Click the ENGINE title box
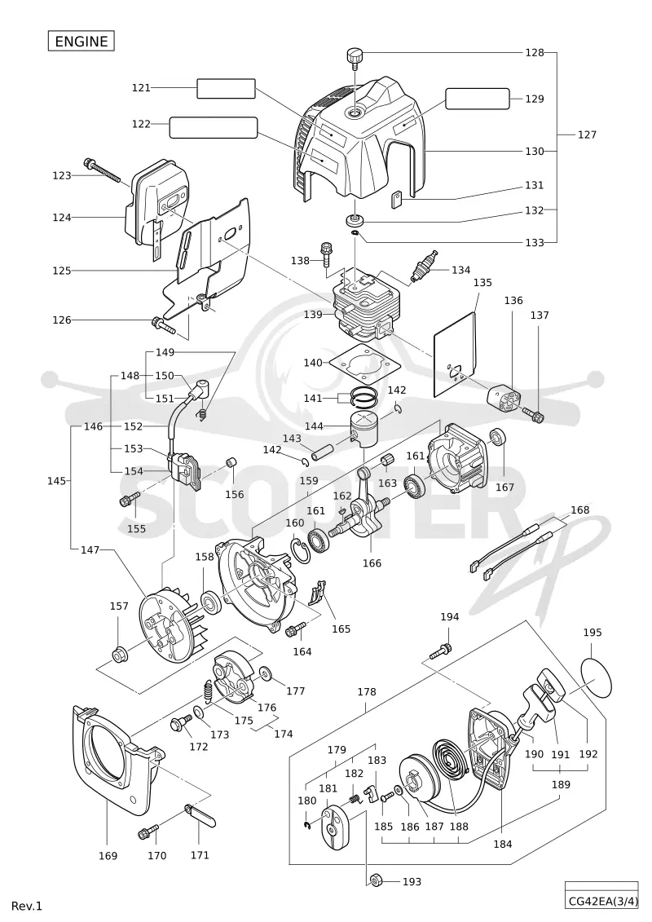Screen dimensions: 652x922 tap(81, 41)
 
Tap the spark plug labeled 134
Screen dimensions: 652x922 tap(425, 267)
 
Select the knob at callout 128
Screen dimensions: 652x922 tap(355, 58)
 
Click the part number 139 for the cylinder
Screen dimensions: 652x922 tap(313, 315)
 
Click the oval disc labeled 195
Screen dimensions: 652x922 tap(596, 677)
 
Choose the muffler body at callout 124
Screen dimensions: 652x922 tap(156, 205)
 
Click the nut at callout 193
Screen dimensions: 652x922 tap(377, 880)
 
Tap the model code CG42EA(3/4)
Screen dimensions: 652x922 tap(603, 900)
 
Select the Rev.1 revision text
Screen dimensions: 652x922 tap(27, 906)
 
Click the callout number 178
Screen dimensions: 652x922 tap(366, 692)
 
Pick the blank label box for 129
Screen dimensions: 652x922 tap(478, 99)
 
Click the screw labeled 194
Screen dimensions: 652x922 tap(441, 651)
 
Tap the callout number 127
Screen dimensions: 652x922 tap(587, 135)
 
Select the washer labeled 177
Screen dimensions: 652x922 tap(265, 673)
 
